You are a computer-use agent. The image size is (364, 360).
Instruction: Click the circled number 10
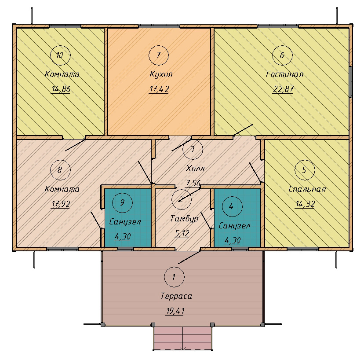coord(60,55)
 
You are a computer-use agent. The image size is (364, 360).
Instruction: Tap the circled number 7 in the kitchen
coord(159,55)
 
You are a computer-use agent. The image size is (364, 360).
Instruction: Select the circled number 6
coord(282,55)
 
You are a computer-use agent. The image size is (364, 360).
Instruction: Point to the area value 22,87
coord(283,89)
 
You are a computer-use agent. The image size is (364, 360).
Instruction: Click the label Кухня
coord(161,74)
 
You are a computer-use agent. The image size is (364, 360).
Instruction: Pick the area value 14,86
coord(61,89)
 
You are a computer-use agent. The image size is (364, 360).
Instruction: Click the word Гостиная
coord(284,74)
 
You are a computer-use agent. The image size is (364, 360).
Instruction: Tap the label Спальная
coord(307,189)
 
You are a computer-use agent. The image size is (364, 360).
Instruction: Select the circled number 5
coord(305,170)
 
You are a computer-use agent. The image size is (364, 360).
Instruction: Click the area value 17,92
coord(61,204)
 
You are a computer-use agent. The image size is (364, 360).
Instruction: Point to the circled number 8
coord(60,170)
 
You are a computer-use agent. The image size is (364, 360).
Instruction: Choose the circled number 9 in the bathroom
coord(122,202)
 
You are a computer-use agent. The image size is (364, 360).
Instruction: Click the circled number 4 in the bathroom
coord(232,206)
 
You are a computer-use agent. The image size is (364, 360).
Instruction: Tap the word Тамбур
coord(184,219)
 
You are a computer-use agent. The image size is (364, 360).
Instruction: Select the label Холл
coord(195,168)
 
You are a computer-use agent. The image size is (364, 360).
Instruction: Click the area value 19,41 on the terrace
coord(175,311)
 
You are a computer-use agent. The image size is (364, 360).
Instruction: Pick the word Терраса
coord(176,296)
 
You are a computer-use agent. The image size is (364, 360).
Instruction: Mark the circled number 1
coord(174,277)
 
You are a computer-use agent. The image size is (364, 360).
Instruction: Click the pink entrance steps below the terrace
coord(183,338)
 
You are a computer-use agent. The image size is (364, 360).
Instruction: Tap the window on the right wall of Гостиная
coord(351,82)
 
